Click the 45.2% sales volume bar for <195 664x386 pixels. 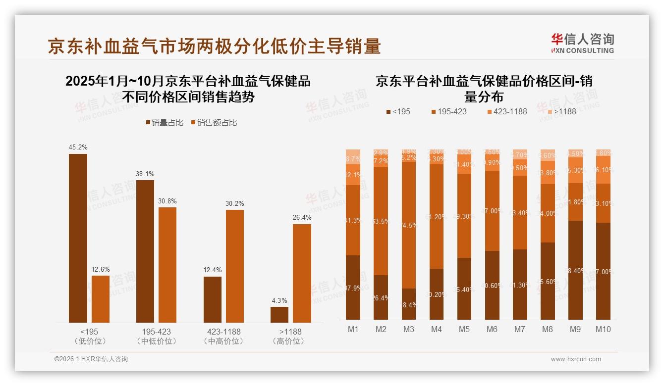pos(78,238)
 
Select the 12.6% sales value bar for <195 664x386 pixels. pos(101,299)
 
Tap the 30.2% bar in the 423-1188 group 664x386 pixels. pos(235,266)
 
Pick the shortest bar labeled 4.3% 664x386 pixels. pos(279,315)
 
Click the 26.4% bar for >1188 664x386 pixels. pos(302,273)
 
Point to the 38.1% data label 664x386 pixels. pos(145,174)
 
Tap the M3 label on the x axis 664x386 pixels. pos(409,330)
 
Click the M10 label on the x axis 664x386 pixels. pos(603,330)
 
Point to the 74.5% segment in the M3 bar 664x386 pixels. pos(409,225)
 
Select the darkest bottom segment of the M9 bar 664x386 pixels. pos(575,270)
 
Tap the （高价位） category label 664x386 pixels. pos(290,341)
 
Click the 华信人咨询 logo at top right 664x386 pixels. pos(582,43)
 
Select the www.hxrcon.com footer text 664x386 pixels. pos(576,359)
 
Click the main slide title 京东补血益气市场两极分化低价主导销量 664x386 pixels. pos(214,46)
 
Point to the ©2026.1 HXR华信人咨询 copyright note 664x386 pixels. pos(91,359)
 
